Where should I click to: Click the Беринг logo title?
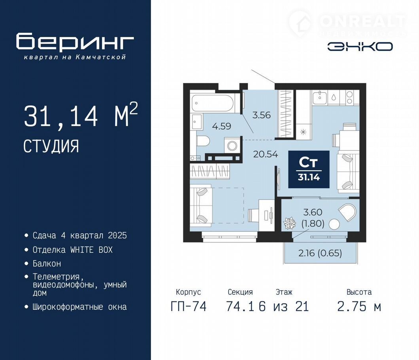(x=75, y=41)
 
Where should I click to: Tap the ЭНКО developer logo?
(x=360, y=47)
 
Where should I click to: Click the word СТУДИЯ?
(x=51, y=146)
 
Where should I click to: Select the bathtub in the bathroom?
(x=213, y=103)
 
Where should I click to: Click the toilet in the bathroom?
(x=203, y=141)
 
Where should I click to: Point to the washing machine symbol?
(x=232, y=146)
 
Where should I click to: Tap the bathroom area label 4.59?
(x=222, y=126)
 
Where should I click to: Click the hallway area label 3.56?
(x=262, y=115)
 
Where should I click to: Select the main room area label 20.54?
(x=265, y=154)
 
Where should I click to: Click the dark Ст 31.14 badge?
(x=309, y=169)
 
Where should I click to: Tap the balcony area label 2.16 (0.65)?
(x=320, y=253)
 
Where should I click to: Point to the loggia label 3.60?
(x=313, y=212)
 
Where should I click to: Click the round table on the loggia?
(x=334, y=224)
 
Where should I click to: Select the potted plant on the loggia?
(x=289, y=223)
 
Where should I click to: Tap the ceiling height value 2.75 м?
(x=359, y=306)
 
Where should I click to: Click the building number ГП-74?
(x=188, y=306)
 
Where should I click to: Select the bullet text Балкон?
(x=47, y=264)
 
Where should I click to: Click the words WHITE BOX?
(x=91, y=250)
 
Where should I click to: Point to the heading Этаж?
(x=284, y=292)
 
